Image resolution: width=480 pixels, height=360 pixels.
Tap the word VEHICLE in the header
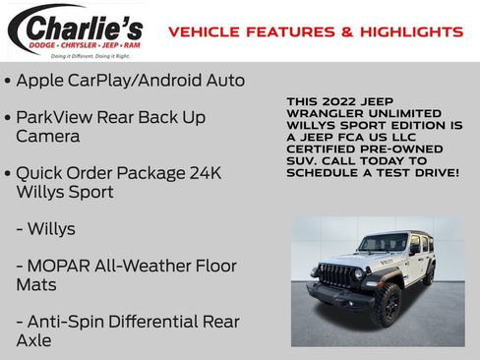point(203,32)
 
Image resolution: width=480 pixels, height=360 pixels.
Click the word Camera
point(48,136)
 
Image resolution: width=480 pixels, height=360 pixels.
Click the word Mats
point(36,284)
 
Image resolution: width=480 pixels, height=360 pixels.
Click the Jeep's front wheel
point(387,304)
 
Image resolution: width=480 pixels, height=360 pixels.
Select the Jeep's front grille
point(335,274)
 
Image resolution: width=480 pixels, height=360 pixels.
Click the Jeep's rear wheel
point(429,274)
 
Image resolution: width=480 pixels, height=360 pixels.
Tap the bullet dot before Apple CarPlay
point(8,81)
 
